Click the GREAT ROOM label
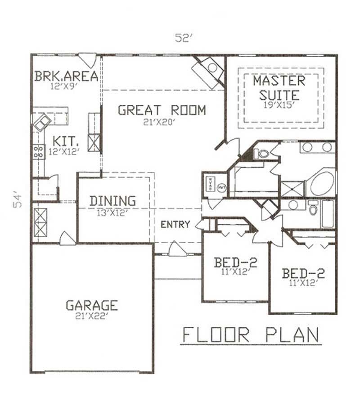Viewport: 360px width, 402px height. pyautogui.click(x=162, y=110)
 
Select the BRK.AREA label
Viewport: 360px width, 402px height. pyautogui.click(x=66, y=76)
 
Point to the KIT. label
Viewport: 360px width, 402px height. pyautogui.click(x=64, y=140)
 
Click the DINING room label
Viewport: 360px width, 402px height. pyautogui.click(x=112, y=201)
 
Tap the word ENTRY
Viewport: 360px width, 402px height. pyautogui.click(x=175, y=224)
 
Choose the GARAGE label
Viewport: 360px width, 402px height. pyautogui.click(x=92, y=306)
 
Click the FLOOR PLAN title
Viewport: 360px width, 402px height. pyautogui.click(x=251, y=335)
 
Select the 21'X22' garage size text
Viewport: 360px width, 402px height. pyautogui.click(x=92, y=316)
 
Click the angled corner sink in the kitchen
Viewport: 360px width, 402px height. pyautogui.click(x=42, y=121)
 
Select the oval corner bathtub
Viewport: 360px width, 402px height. pyautogui.click(x=322, y=182)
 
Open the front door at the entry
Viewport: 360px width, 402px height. pyautogui.click(x=177, y=249)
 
